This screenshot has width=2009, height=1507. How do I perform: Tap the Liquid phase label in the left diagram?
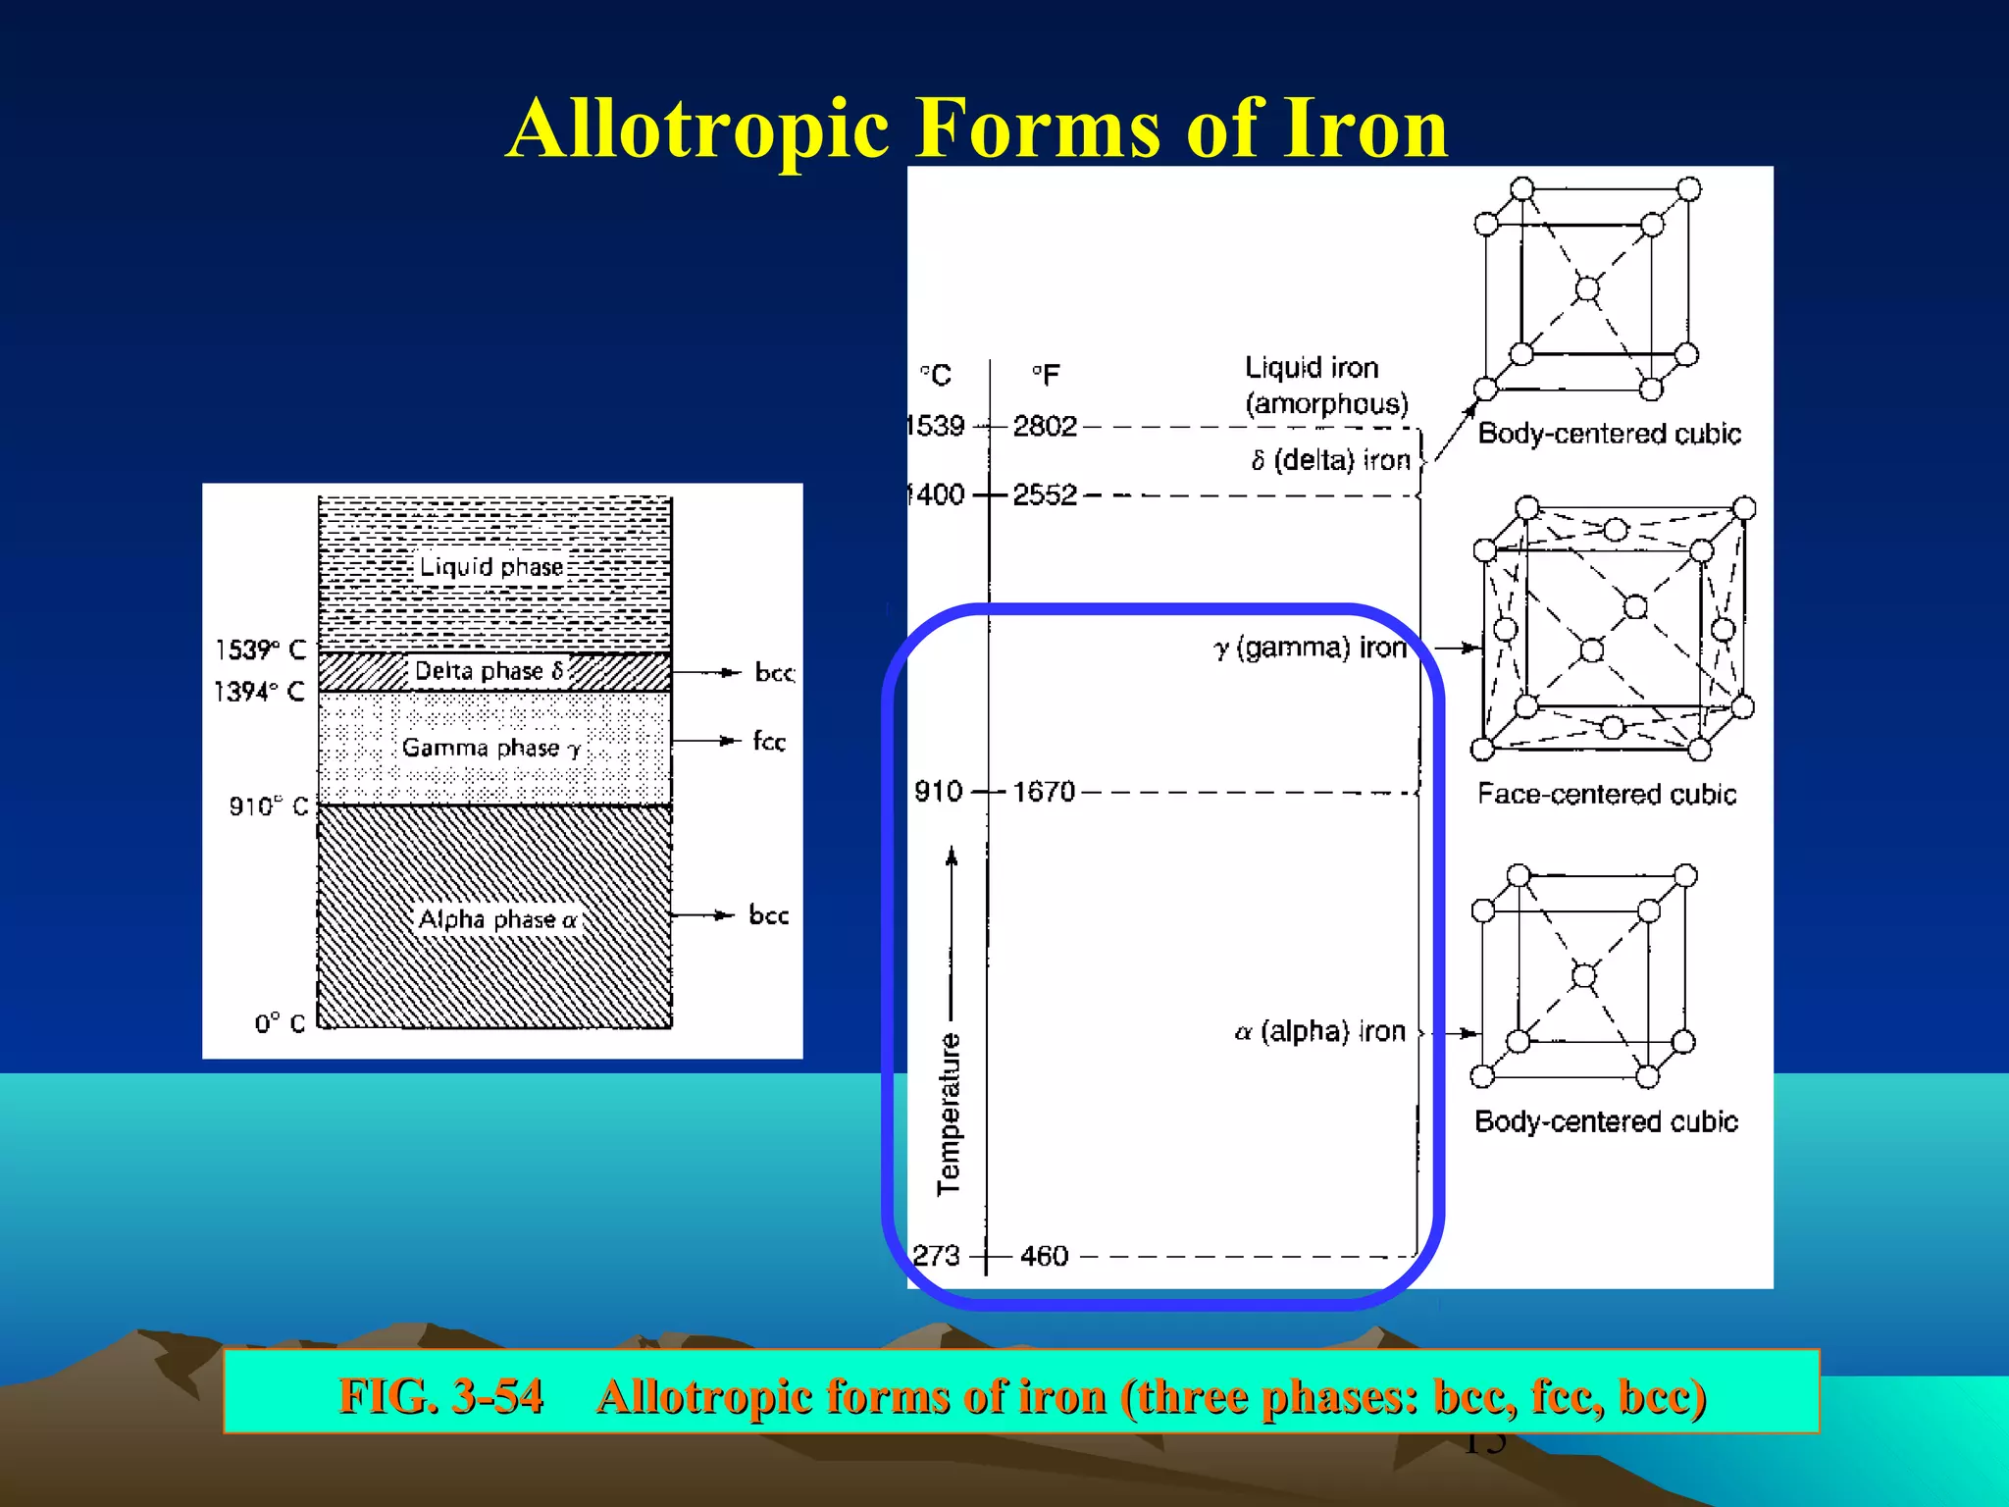pos(491,567)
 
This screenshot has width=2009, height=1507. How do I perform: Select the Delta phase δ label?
pos(489,671)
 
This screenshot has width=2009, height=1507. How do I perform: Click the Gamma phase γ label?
pos(491,748)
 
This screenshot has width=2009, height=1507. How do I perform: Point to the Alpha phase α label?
pos(497,919)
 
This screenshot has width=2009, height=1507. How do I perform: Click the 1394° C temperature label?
pos(260,692)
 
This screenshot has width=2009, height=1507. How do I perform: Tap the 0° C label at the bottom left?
pos(280,1023)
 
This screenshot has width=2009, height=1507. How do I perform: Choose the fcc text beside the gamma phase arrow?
pos(769,742)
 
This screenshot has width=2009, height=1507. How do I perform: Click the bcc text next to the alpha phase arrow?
pos(768,915)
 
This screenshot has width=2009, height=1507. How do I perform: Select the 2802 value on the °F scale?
pos(1045,426)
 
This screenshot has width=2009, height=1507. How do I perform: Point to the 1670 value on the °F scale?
pos(1044,792)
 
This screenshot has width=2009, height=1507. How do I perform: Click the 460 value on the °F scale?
pos(1044,1256)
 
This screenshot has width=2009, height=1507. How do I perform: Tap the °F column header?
pos(1046,375)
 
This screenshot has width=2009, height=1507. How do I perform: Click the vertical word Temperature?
pos(949,1114)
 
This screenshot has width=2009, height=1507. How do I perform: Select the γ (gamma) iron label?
pos(1310,649)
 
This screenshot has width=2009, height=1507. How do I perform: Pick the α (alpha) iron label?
pos(1319,1031)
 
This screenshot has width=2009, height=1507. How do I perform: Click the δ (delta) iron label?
pos(1330,460)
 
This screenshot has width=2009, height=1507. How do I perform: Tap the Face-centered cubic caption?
pos(1607,794)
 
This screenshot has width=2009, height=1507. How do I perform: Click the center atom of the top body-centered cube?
pos(1586,288)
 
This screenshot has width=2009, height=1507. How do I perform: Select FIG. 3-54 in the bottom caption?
pos(440,1395)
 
